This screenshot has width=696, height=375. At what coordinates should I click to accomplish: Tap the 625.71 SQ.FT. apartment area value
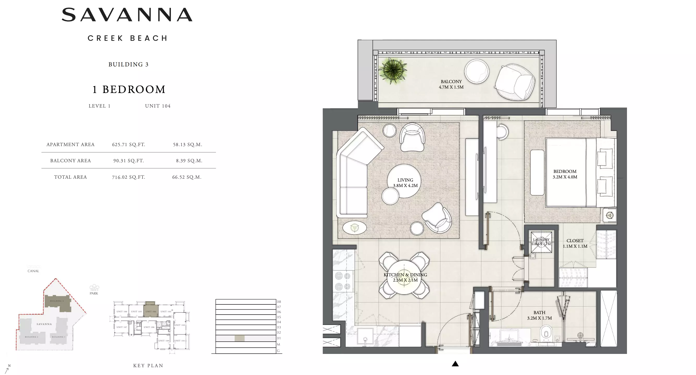(x=129, y=145)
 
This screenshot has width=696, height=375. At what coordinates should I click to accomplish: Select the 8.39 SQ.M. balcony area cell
(x=189, y=161)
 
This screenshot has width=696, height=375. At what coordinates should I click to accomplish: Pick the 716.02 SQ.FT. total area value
(x=129, y=177)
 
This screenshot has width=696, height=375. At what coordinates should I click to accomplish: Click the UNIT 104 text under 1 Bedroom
(x=158, y=106)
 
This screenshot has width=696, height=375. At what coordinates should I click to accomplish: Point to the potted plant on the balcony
(x=393, y=70)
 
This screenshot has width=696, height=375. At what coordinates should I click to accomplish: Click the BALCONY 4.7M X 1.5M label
(x=451, y=84)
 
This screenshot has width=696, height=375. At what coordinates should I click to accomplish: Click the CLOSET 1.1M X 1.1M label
(x=575, y=243)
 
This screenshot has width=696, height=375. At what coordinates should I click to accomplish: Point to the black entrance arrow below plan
(x=455, y=364)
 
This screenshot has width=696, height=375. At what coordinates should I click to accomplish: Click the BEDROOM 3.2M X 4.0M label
(x=565, y=174)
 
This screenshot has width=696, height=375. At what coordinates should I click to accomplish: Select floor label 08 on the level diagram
(x=279, y=302)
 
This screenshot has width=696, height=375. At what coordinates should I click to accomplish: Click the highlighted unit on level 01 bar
(x=239, y=338)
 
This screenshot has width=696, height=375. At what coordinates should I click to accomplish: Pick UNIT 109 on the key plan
(x=164, y=341)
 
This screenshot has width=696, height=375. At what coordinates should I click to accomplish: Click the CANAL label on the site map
(x=33, y=271)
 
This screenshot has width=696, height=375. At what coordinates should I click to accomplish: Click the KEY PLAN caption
(x=148, y=366)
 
